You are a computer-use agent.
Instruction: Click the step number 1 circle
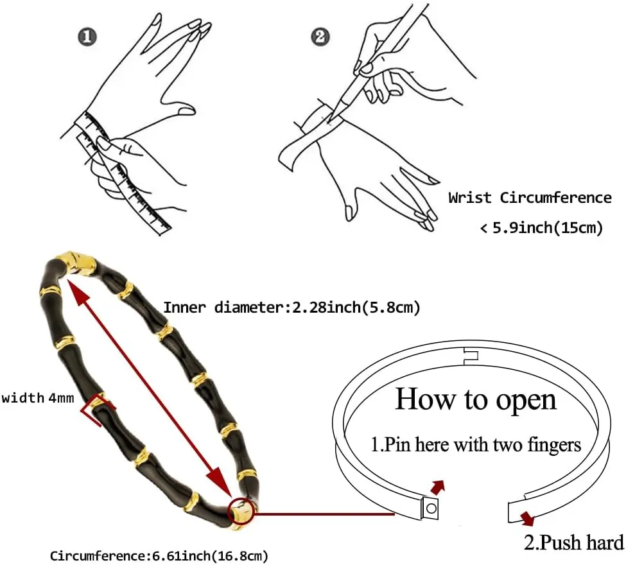88,37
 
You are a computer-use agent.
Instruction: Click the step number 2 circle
320,37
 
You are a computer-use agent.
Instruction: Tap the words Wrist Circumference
530,198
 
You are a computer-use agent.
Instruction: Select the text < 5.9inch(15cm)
541,228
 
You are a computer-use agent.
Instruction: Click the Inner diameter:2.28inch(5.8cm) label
291,308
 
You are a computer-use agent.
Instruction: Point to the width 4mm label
38,398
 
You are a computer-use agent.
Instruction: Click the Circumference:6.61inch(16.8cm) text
159,555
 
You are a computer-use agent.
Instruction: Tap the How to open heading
475,399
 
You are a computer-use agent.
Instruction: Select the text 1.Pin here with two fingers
476,444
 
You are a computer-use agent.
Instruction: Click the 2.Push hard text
573,543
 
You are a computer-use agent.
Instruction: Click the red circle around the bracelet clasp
242,512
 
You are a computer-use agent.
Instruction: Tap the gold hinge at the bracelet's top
76,263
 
